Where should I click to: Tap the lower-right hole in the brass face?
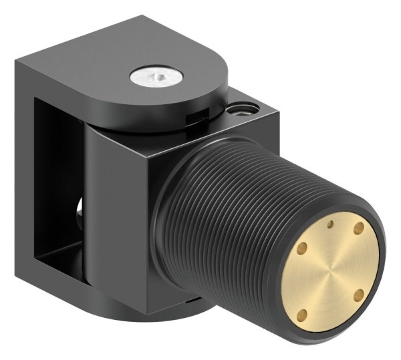[x=357, y=293]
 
